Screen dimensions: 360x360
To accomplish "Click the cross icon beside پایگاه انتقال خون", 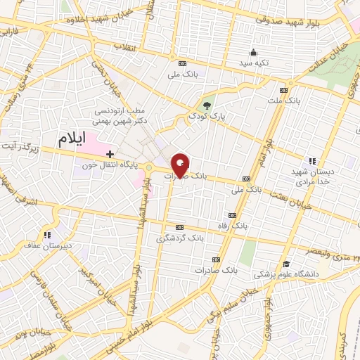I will pyautogui.click(x=110, y=153).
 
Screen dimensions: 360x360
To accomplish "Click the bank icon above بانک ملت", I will pyautogui.click(x=283, y=90).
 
